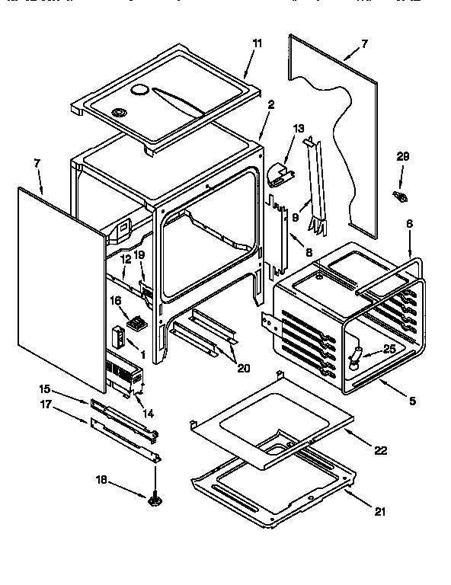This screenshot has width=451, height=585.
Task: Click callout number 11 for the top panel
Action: (x=257, y=43)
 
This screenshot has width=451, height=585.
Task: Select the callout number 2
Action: (x=270, y=104)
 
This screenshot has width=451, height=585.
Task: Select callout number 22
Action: (x=379, y=451)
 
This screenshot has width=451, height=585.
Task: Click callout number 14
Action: (x=148, y=414)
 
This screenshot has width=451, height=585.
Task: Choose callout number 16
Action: (x=116, y=301)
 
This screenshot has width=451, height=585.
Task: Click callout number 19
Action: (x=139, y=255)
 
